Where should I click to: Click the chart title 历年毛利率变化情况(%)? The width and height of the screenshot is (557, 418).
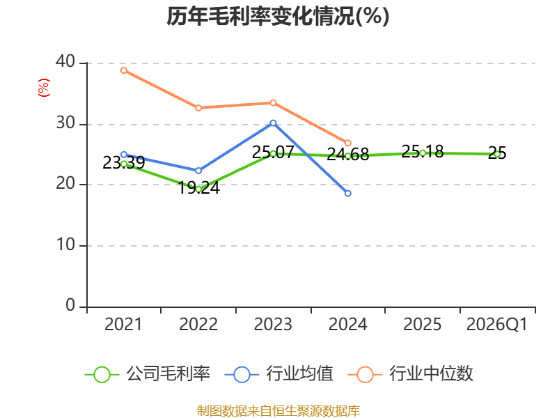(x=278, y=16)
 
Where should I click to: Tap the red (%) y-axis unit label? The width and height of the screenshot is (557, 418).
(x=44, y=88)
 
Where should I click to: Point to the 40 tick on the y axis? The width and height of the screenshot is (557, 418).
(x=65, y=62)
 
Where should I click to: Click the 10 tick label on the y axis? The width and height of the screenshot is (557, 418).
(x=65, y=245)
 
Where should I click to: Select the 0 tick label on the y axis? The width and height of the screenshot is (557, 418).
(x=70, y=305)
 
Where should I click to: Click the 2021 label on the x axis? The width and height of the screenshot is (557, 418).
(x=123, y=324)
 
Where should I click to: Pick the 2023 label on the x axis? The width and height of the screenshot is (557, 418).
(x=273, y=324)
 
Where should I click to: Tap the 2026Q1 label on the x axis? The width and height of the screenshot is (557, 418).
(x=497, y=324)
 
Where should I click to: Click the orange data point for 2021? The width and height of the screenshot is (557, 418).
(x=124, y=70)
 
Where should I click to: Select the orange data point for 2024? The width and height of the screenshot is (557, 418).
(x=347, y=143)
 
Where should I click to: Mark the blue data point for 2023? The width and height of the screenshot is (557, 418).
(x=273, y=123)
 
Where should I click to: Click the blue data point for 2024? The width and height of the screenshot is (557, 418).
(x=347, y=194)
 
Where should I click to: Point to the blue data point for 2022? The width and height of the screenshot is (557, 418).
(x=198, y=171)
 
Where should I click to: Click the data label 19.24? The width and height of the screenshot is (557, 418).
(x=198, y=187)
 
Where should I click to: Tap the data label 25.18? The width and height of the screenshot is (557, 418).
(x=423, y=152)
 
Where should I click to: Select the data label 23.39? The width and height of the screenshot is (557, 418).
(x=124, y=163)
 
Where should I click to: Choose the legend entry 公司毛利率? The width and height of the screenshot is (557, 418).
(x=148, y=374)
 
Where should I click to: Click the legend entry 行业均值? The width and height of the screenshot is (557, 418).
(x=279, y=374)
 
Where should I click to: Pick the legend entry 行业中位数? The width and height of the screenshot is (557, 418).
(x=411, y=374)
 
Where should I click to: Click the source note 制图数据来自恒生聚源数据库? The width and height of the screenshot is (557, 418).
(x=278, y=411)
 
